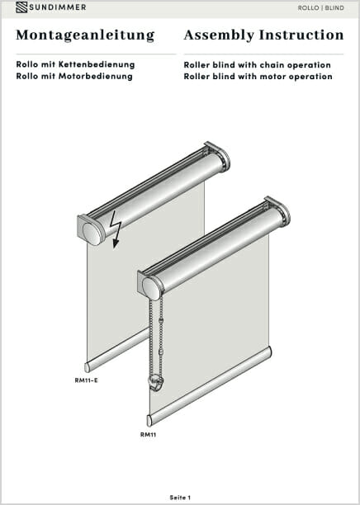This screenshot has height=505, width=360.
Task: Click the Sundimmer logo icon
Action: click(21, 7)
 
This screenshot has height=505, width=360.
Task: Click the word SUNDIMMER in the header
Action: click(58, 7)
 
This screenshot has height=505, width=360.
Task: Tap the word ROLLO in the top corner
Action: click(309, 7)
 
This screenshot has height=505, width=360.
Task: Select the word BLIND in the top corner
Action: click(334, 7)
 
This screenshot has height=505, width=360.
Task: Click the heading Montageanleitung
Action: click(85, 35)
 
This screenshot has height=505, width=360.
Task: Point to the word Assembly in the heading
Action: click(219, 35)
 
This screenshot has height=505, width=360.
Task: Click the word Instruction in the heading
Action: click(301, 35)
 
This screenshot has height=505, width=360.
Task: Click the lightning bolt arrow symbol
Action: click(116, 229)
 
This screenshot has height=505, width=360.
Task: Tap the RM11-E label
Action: click(86, 380)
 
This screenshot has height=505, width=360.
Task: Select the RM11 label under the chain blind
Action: click(148, 435)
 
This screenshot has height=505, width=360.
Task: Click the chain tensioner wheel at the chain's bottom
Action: click(156, 382)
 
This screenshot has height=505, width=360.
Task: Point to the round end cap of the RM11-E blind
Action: click(92, 234)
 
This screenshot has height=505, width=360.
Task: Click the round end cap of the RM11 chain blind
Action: click(152, 289)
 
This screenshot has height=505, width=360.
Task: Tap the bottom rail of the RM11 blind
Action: click(210, 386)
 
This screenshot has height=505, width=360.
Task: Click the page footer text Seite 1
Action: click(180, 498)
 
